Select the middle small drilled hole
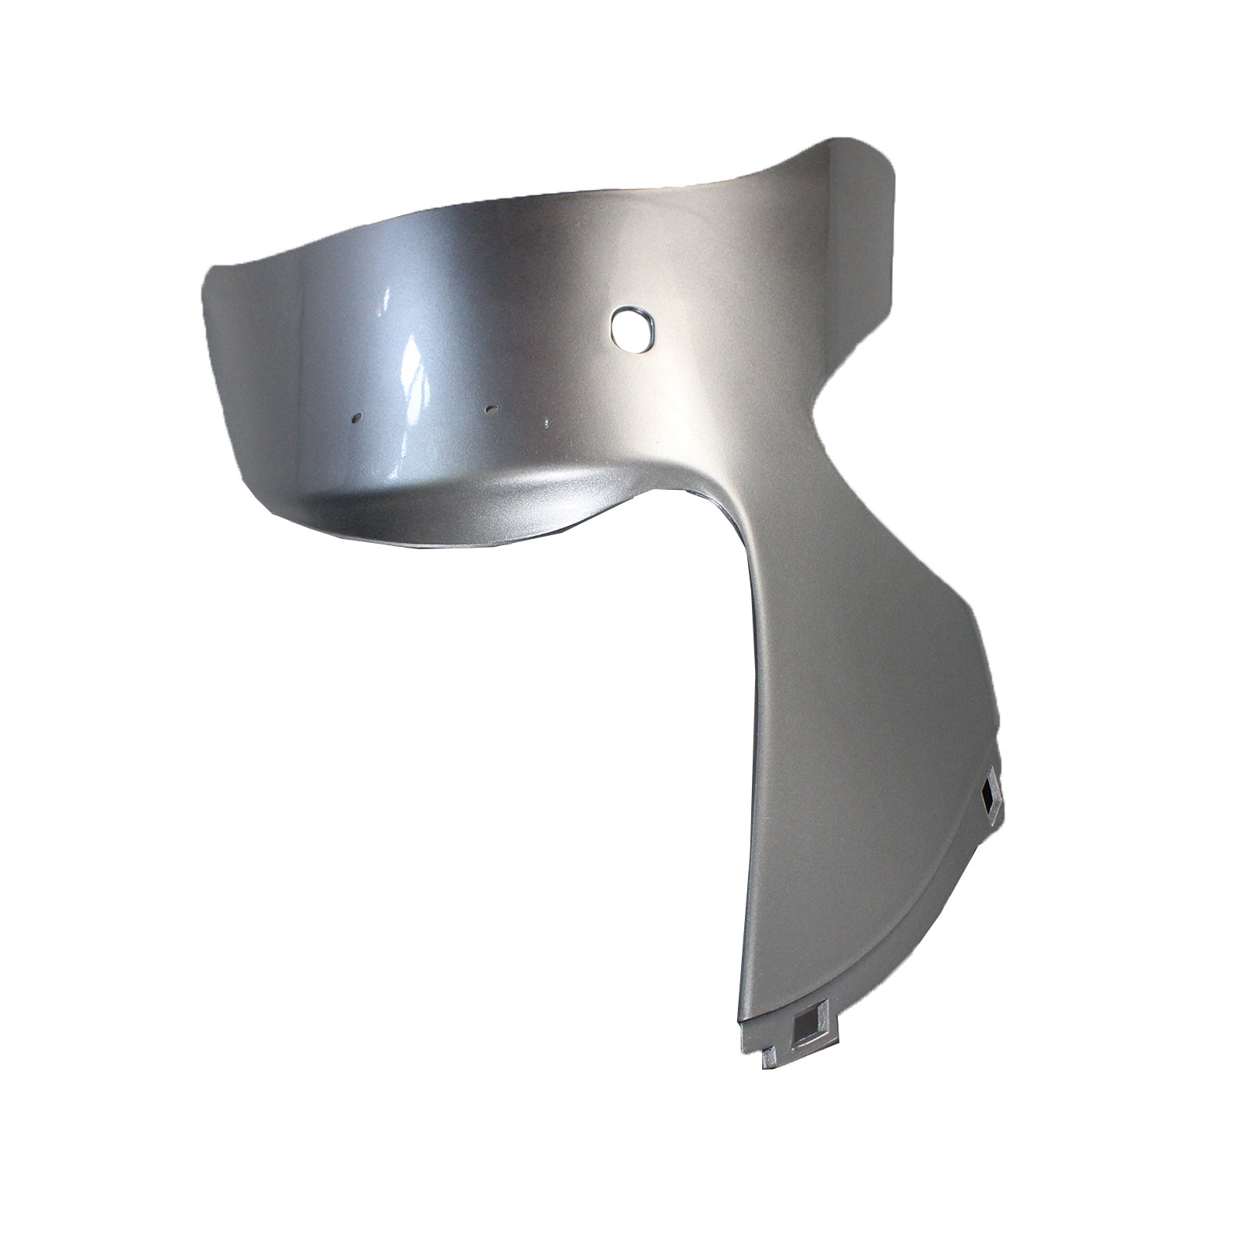coord(491,408)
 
